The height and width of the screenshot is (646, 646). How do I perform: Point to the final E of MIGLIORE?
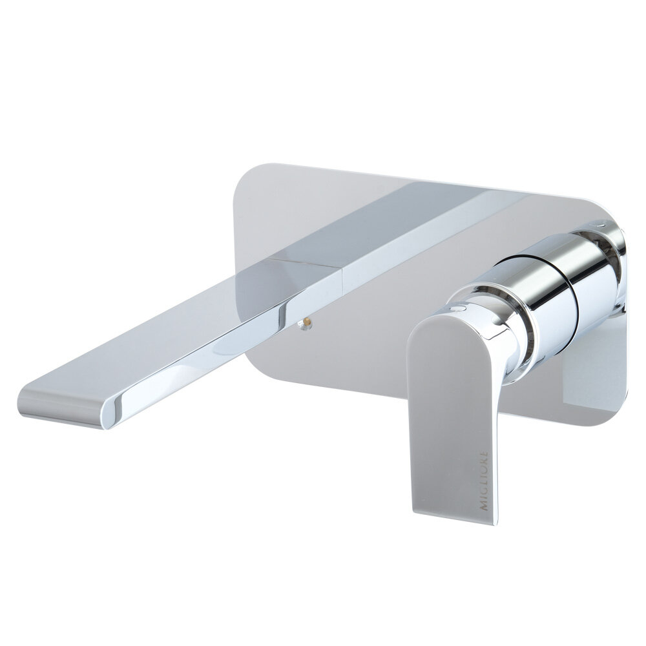point(484,453)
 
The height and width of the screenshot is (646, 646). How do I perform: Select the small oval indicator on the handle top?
point(458,307)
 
